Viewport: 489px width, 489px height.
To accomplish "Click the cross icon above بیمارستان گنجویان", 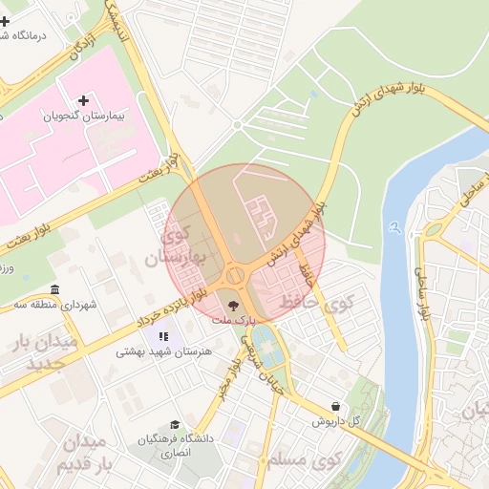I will click(x=83, y=100).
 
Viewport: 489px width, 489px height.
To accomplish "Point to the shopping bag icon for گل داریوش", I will click(x=334, y=405).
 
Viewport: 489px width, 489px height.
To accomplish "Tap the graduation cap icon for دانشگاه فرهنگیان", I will click(x=174, y=424).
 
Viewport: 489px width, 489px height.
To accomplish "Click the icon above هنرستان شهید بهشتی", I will click(x=163, y=336).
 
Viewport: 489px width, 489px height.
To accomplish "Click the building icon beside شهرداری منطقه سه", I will click(x=53, y=290).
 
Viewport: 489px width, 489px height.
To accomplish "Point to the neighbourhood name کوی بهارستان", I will click(x=178, y=246).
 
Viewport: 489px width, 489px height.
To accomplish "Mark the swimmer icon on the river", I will click(x=394, y=229).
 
